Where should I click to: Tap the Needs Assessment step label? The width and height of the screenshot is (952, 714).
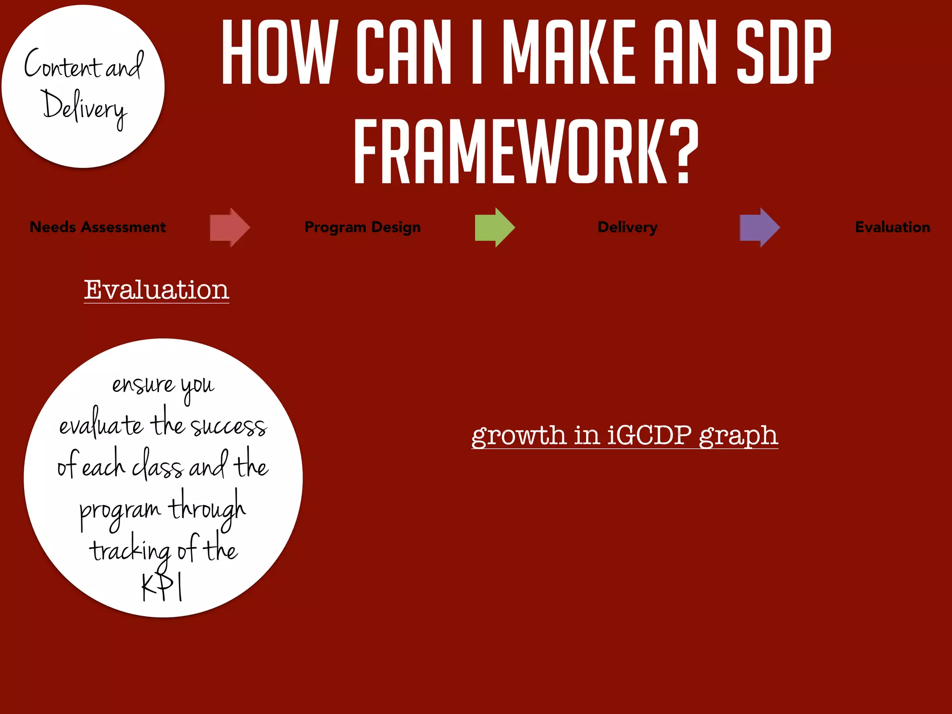pos(98,227)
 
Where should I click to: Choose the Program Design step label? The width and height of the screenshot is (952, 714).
pos(363,227)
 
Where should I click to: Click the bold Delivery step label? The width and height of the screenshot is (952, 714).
pos(628,227)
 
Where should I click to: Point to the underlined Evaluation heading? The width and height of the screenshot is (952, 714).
pos(156,290)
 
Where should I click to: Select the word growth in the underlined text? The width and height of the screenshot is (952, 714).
pos(519,436)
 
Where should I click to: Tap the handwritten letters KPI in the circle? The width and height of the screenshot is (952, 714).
pos(162,588)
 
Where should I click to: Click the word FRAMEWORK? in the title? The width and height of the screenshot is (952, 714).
pos(526,152)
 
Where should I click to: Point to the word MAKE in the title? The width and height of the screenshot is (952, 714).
pos(569,52)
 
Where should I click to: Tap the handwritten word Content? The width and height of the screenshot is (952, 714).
pos(63,65)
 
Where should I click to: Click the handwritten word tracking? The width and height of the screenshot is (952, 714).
pos(131,551)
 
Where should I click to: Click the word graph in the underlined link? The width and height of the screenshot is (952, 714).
pos(738,436)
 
